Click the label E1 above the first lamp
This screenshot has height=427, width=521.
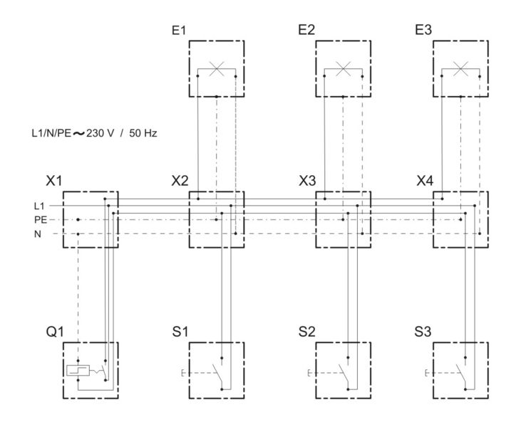(x=179, y=30)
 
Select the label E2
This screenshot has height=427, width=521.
(x=306, y=30)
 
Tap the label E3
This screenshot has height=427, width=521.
(x=423, y=30)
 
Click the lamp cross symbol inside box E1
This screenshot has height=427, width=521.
(x=217, y=69)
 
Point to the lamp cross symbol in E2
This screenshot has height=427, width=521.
(x=344, y=69)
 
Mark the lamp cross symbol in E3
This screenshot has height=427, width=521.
(x=460, y=69)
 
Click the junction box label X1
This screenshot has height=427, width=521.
(x=54, y=181)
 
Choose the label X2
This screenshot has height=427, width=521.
(x=180, y=181)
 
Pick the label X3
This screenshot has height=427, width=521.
(x=307, y=181)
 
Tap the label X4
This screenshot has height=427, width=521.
(x=425, y=181)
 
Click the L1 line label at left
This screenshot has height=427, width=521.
(x=39, y=206)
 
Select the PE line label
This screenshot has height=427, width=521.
(x=41, y=220)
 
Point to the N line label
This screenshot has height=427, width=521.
(x=38, y=234)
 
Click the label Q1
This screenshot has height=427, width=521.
(x=54, y=332)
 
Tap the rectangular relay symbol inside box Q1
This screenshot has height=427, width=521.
(x=78, y=370)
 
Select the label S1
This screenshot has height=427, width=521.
(x=180, y=332)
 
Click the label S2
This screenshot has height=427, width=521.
(x=306, y=332)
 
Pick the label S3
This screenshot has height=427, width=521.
(x=423, y=332)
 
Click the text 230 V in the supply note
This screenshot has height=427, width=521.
(x=100, y=133)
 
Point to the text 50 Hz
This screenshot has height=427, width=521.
(x=143, y=133)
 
